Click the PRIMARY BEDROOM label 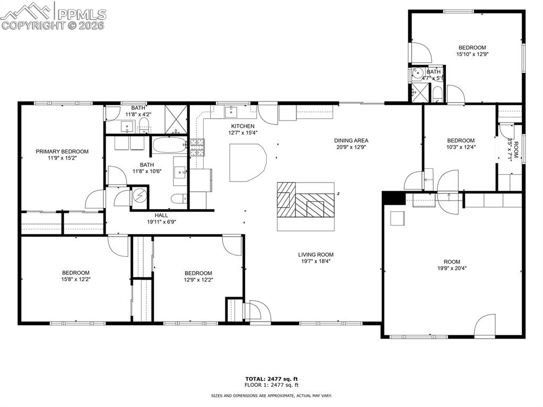click(x=62, y=152)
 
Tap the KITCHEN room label click(x=243, y=126)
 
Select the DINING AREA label click(x=351, y=141)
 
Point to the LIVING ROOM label click(x=316, y=255)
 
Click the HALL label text click(x=161, y=215)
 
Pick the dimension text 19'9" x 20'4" click(x=452, y=268)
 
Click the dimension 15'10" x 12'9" click(x=472, y=54)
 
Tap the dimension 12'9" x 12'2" click(x=198, y=280)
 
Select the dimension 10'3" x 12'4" click(x=461, y=146)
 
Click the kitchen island click(x=248, y=162)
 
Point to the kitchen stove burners click(x=197, y=148)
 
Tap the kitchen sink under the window click(x=231, y=112)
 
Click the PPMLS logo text click(x=82, y=14)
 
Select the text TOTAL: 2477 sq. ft click(x=271, y=379)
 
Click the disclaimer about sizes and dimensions click(x=271, y=395)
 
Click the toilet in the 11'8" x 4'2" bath click(x=144, y=125)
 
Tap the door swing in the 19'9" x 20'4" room click(x=485, y=325)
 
